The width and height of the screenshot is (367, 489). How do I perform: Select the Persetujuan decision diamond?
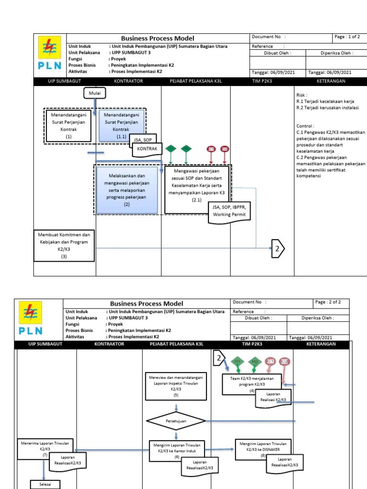[x=176, y=421]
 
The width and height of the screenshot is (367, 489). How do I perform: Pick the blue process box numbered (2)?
[x=127, y=190]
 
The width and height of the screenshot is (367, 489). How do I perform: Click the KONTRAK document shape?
[x=147, y=149]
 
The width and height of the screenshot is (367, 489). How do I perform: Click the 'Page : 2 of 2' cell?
[x=331, y=302]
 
